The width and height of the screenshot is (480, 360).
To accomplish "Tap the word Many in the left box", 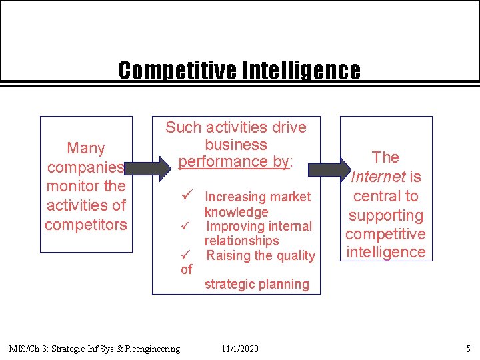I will pyautogui.click(x=86, y=147).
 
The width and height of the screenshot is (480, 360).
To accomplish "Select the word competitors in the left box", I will pyautogui.click(x=86, y=225).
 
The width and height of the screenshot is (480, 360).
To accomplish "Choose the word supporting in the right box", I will pyautogui.click(x=385, y=215).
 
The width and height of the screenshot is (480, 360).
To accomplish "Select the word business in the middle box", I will pyautogui.click(x=236, y=145).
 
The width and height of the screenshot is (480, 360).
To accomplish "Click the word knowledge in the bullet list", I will pyautogui.click(x=236, y=212).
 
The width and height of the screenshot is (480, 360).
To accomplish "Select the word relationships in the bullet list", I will pyautogui.click(x=241, y=241).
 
